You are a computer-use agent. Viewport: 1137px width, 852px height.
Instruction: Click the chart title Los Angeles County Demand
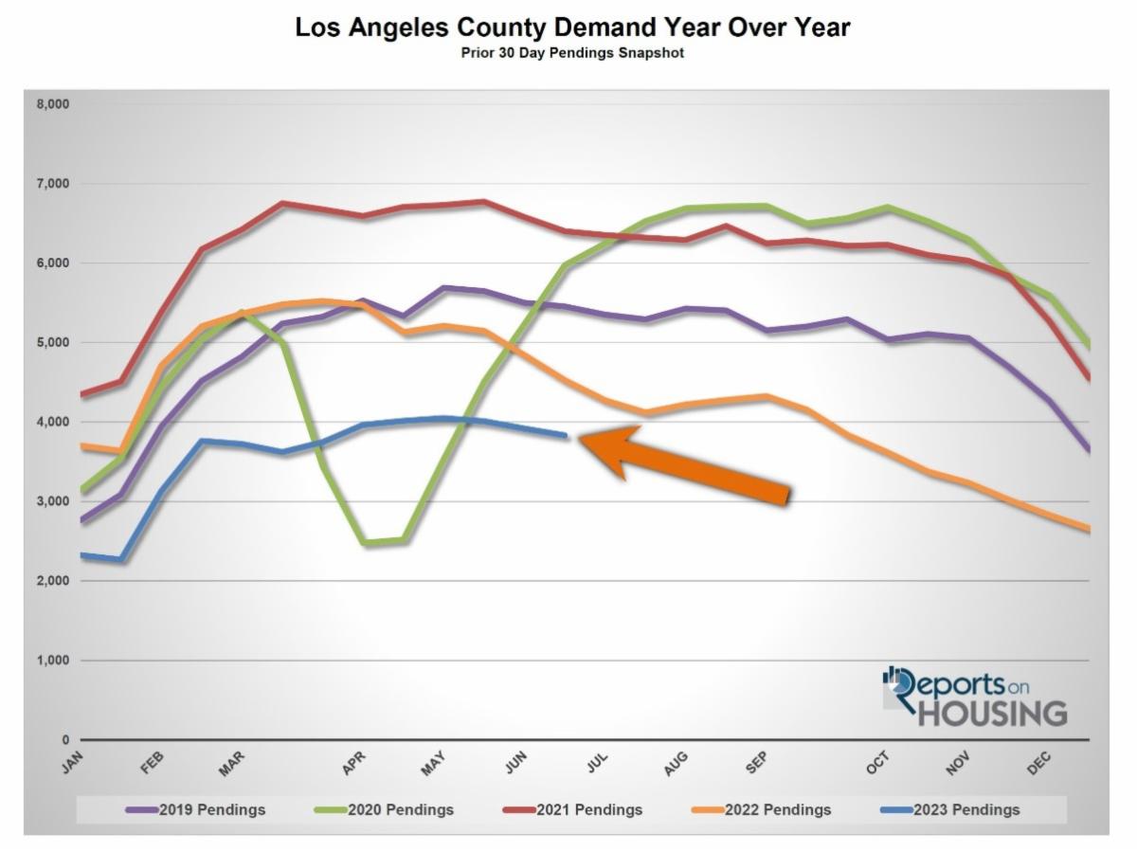coord(572,27)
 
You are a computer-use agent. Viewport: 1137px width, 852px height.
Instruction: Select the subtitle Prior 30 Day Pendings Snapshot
coord(572,53)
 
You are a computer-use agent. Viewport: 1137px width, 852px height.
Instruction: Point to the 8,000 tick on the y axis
coord(53,104)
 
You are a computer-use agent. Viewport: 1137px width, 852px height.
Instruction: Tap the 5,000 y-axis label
coord(53,342)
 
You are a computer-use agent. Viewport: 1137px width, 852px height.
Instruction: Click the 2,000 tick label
coord(53,581)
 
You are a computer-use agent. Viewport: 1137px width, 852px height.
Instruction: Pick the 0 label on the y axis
coord(65,740)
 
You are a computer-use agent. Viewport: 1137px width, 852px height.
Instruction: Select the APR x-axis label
coord(353,762)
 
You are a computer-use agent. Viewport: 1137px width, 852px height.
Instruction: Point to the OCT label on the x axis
coord(877,762)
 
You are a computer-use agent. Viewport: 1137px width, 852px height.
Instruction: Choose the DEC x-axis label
coord(1039,762)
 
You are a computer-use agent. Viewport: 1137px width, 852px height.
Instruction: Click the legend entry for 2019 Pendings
coord(196,810)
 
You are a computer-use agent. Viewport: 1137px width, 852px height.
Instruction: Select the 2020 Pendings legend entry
coord(384,810)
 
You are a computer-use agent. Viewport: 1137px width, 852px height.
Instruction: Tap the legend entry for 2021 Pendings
coord(572,810)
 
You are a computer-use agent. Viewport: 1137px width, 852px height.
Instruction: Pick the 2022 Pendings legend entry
coord(761,810)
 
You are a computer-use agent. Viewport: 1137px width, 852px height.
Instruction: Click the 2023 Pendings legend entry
coord(949,810)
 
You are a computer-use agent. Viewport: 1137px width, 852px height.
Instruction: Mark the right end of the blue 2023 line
coord(566,435)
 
